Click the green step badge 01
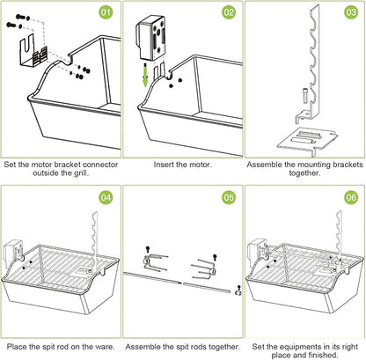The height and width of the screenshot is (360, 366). (x=106, y=12)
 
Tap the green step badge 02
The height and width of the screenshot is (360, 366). (x=229, y=12)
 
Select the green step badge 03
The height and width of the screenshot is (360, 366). (x=351, y=12)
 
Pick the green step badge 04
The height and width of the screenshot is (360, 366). (x=106, y=197)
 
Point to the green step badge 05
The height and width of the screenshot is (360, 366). (x=229, y=197)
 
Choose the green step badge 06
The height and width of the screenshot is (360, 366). (x=351, y=197)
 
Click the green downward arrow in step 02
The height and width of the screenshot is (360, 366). (x=145, y=74)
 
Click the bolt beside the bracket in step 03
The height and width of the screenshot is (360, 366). (x=305, y=95)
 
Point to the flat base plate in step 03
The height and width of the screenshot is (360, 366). (x=307, y=141)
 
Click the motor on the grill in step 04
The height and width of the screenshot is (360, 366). (x=13, y=253)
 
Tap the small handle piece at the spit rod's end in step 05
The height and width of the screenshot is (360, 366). (x=238, y=290)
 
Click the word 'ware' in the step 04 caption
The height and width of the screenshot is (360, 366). (x=104, y=347)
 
